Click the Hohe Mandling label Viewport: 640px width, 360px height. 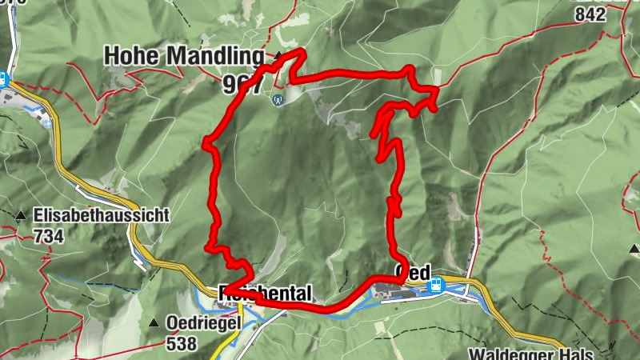pos(183,56)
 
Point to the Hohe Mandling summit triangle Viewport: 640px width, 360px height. pos(278,56)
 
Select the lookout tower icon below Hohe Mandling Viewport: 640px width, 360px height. pos(278,100)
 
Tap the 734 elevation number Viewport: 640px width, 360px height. pos(49,236)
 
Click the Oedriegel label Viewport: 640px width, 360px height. pos(202,323)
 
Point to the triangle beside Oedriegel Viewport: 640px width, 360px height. pos(154,323)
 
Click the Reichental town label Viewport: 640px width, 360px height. pos(265,294)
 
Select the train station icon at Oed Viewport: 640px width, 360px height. pos(438,282)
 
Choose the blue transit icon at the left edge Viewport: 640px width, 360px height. pos(3,80)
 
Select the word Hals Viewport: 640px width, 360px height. pos(574,354)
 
